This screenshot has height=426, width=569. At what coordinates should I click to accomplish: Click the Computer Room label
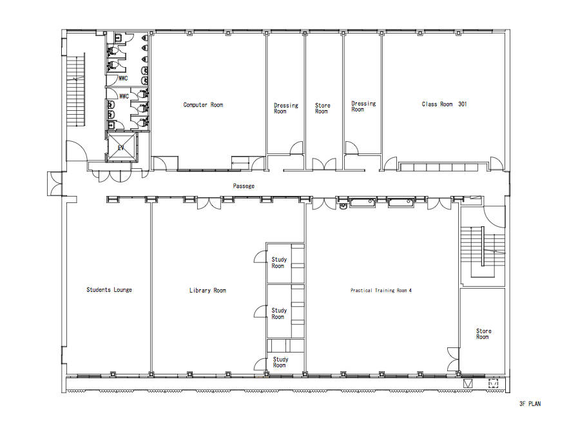coord(203,105)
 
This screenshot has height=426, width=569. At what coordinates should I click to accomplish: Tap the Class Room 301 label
coord(444,104)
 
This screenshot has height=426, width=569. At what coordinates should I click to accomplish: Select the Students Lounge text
coord(109,289)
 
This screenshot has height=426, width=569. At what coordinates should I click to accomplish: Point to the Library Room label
coord(207,290)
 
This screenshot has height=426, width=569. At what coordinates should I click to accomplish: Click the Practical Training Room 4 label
coord(381,290)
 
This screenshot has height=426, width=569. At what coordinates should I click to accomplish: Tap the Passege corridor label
coord(244,186)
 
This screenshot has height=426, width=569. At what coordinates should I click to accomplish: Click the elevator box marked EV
coord(122,148)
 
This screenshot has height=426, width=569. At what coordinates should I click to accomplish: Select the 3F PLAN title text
coord(530,403)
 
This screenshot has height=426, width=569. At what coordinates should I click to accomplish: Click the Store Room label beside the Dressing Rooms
coord(323,108)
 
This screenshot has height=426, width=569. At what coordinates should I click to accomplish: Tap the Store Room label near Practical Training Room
coord(483,334)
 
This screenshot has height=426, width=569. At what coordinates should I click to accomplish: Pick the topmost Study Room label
coord(279,263)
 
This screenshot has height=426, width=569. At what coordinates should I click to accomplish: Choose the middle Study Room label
coord(279,313)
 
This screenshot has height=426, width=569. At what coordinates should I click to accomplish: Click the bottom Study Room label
coord(280,362)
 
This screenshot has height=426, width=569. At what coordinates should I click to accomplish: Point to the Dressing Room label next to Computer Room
coord(285,108)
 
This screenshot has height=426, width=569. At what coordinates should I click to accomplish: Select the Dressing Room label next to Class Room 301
coord(363,106)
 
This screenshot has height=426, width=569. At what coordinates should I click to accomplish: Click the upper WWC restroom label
coord(123,79)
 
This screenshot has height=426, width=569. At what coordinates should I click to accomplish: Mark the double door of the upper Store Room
coord(324,164)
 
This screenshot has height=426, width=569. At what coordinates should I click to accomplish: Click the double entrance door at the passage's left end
coord(55,184)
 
